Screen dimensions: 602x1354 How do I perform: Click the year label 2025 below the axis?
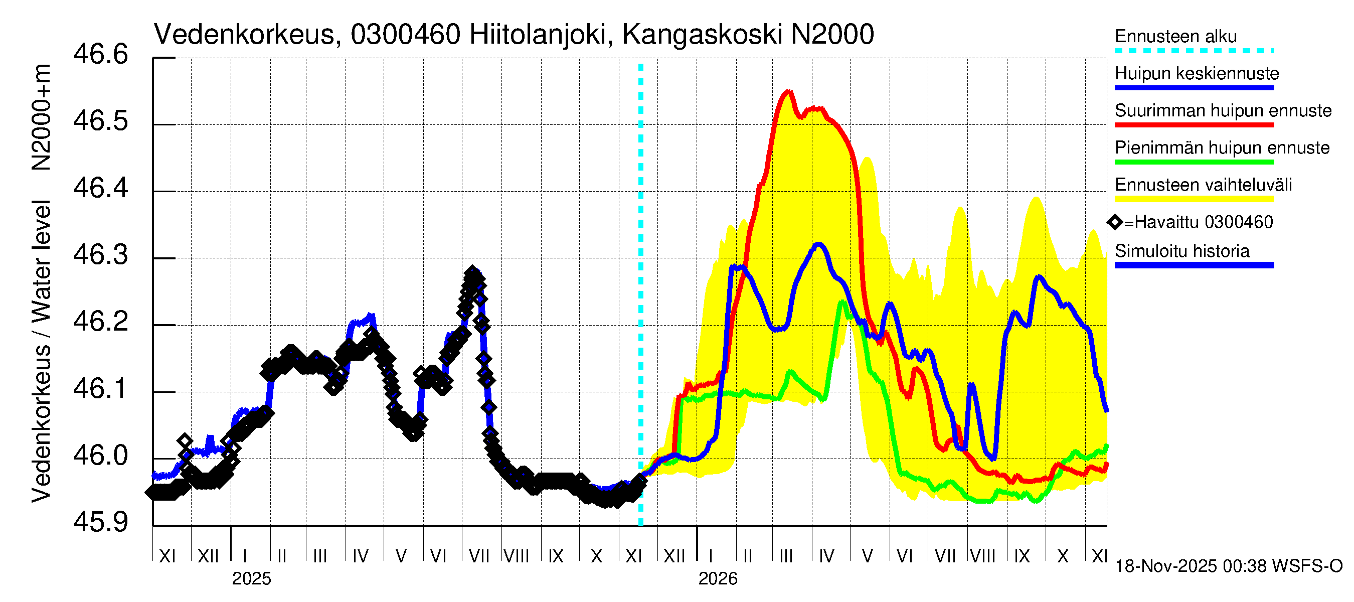pos(251,579)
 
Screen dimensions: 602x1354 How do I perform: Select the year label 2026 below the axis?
pos(718,579)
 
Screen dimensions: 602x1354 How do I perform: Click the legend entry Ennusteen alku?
pos(1175,37)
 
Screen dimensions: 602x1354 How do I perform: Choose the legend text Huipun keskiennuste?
pos(1197,74)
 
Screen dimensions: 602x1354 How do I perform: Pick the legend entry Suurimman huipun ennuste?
pos(1223,111)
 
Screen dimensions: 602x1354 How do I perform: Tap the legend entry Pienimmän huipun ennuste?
pos(1222,147)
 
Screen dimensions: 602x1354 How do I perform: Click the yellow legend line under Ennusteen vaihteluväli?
pos(1194,199)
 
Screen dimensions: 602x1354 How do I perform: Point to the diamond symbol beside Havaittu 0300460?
pos(1115,222)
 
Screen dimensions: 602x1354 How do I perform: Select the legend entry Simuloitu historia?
pos(1181,251)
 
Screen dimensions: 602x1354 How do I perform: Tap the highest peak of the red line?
pos(788,92)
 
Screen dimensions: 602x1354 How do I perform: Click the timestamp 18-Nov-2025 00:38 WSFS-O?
pos(1228,566)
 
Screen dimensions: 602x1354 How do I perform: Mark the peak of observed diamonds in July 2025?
pos(472,272)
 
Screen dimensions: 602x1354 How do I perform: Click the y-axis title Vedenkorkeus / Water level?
pos(41,351)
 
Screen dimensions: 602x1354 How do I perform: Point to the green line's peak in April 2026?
pos(842,303)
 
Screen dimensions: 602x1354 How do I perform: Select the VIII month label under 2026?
pos(982,556)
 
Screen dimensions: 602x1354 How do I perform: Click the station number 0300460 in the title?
pos(405,35)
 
